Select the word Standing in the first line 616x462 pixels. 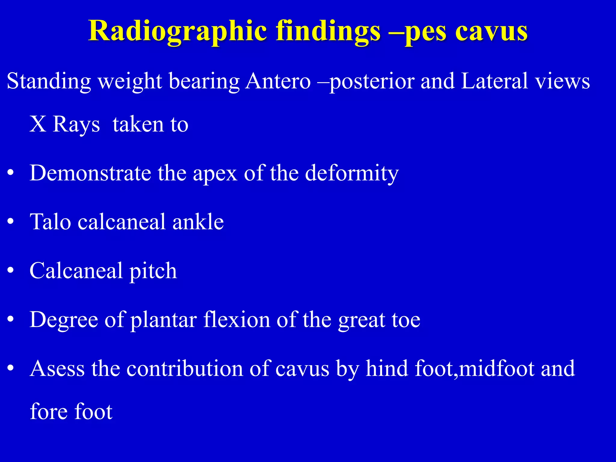point(49,81)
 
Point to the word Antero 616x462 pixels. point(278,81)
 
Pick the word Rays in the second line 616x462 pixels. point(76,124)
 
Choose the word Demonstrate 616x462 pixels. point(90,173)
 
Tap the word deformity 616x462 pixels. point(352,174)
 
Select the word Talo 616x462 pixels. point(50,222)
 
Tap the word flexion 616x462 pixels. point(237,319)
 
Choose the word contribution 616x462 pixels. point(184,368)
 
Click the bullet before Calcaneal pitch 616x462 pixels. point(11,271)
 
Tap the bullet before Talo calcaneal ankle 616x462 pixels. point(11,222)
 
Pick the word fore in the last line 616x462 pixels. point(48,411)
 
